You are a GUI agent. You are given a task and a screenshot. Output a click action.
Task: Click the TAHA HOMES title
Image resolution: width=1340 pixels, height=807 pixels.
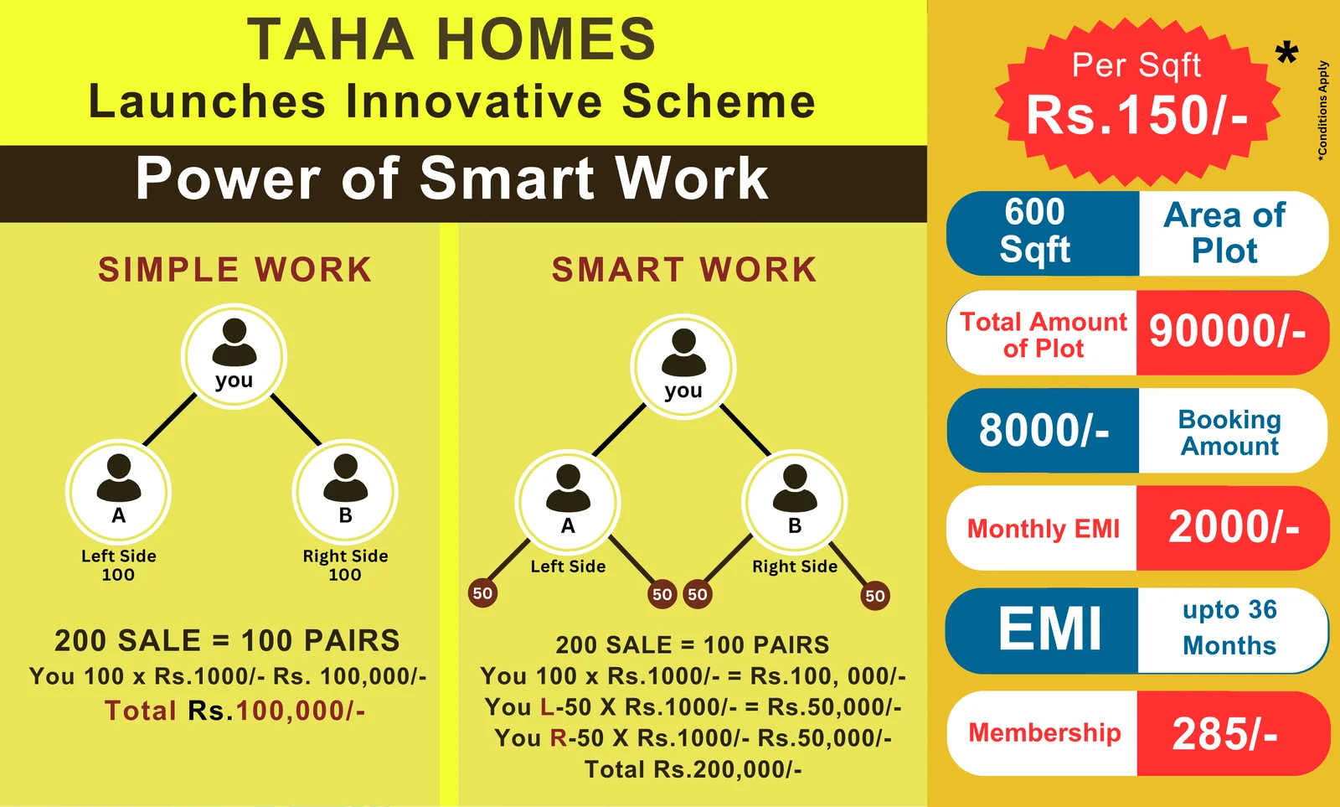pyautogui.click(x=452, y=39)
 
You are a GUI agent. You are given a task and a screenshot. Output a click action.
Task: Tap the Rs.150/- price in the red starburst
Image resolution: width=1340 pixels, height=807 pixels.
pyautogui.click(x=1137, y=115)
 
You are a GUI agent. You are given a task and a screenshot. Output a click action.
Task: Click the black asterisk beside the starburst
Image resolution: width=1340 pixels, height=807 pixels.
pyautogui.click(x=1286, y=54)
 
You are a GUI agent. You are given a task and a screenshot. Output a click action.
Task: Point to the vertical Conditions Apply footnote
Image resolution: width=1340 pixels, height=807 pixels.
pyautogui.click(x=1322, y=111)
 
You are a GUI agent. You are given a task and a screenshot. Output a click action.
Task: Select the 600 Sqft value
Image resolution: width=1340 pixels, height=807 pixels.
pyautogui.click(x=1035, y=231)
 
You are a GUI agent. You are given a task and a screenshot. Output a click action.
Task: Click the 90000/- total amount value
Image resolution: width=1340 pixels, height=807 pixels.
pyautogui.click(x=1228, y=331)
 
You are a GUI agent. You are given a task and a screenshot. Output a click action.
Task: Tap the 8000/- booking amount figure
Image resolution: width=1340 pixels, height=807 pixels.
pyautogui.click(x=1044, y=431)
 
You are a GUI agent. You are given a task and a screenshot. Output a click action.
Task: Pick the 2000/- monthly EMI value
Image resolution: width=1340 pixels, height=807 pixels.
pyautogui.click(x=1234, y=527)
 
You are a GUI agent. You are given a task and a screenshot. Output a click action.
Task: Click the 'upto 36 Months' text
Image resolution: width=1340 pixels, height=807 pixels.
pyautogui.click(x=1229, y=628)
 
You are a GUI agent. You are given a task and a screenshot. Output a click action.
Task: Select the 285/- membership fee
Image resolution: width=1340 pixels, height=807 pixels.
pyautogui.click(x=1224, y=733)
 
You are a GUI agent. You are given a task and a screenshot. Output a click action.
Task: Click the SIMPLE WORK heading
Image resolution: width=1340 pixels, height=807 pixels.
pyautogui.click(x=235, y=269)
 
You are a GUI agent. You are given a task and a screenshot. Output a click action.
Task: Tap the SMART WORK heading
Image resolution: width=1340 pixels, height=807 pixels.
pyautogui.click(x=684, y=269)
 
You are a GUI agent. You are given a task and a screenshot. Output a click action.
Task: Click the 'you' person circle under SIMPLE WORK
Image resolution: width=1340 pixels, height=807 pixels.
pyautogui.click(x=234, y=357)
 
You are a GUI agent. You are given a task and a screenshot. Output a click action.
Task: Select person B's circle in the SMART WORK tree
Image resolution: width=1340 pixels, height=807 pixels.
pyautogui.click(x=795, y=502)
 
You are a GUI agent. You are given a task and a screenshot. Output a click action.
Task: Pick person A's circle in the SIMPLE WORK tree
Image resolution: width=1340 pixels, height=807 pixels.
pyautogui.click(x=118, y=492)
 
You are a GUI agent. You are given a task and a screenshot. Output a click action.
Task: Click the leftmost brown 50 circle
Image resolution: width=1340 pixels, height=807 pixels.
pyautogui.click(x=482, y=593)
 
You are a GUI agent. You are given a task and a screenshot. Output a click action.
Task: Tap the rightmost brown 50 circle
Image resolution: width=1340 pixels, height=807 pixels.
pyautogui.click(x=875, y=596)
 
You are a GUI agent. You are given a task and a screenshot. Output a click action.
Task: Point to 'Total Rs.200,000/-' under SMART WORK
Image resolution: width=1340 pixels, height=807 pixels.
pyautogui.click(x=693, y=769)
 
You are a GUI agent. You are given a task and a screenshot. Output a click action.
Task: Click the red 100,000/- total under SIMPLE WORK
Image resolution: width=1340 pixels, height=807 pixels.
pyautogui.click(x=301, y=711)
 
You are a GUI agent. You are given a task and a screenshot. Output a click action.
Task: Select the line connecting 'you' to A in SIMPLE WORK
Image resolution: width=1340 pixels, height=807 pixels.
pyautogui.click(x=170, y=420)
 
